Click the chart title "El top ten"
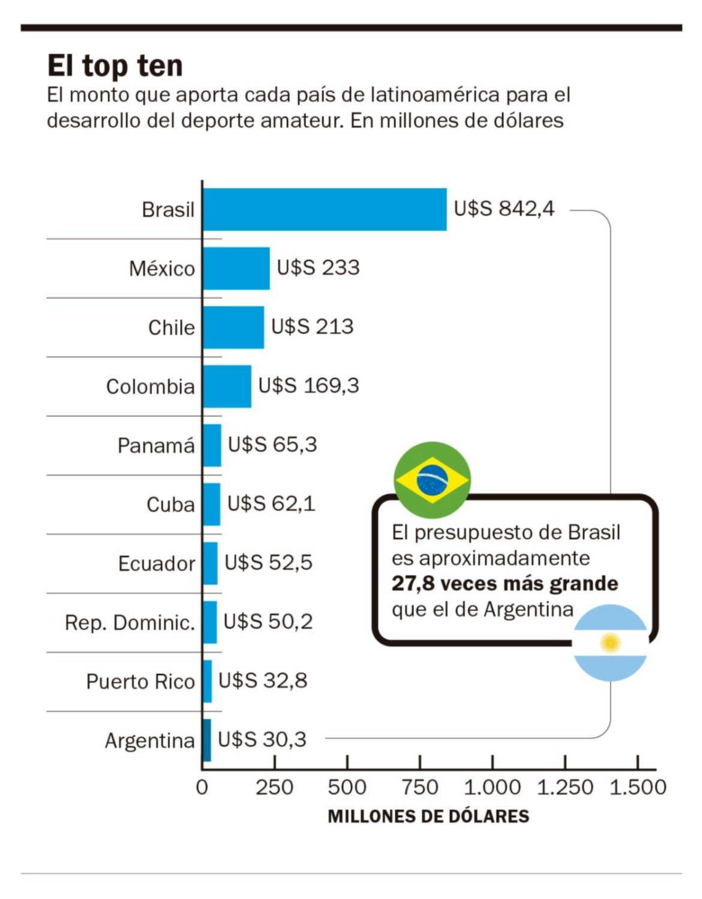(x=115, y=65)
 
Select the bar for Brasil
(x=324, y=209)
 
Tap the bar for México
(x=236, y=269)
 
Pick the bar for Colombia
(x=227, y=386)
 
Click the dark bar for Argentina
(x=207, y=740)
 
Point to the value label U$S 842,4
(x=504, y=209)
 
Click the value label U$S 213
(x=312, y=327)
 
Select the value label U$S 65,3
(x=272, y=445)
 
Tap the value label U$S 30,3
(x=262, y=740)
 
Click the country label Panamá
(x=156, y=446)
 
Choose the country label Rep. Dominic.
(x=130, y=623)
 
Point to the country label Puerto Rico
(x=140, y=681)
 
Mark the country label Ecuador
(x=156, y=564)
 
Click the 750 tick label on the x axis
(x=420, y=787)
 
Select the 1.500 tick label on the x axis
(x=638, y=787)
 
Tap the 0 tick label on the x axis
(x=202, y=787)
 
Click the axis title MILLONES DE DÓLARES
(x=428, y=816)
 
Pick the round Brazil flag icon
(x=432, y=480)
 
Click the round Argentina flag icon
(x=611, y=643)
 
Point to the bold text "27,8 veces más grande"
(x=505, y=583)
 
